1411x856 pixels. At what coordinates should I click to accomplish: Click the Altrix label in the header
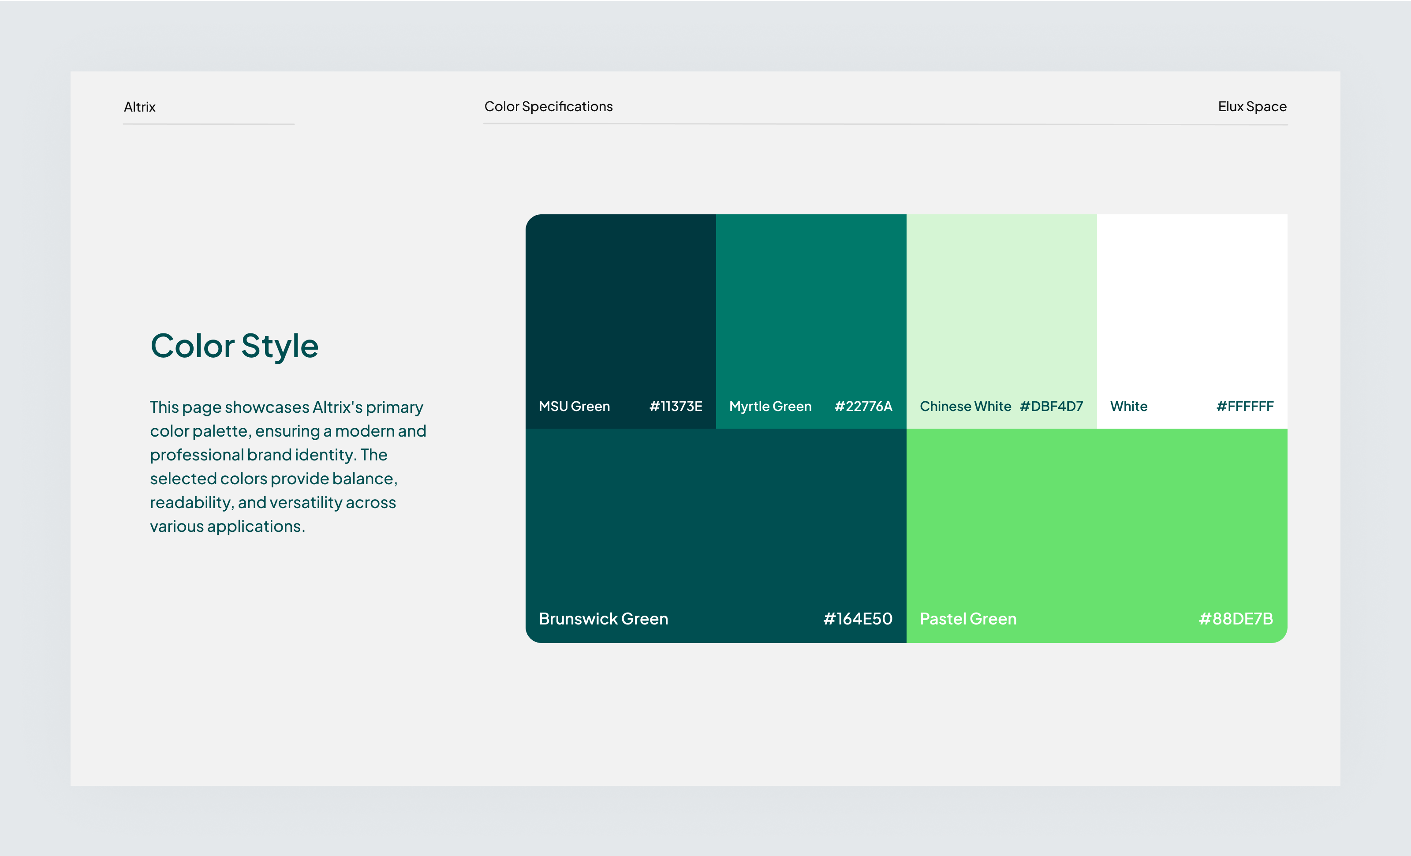pyautogui.click(x=139, y=107)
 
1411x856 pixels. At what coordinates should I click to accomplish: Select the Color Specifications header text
pyautogui.click(x=548, y=106)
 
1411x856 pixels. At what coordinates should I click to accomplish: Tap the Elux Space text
pyautogui.click(x=1252, y=106)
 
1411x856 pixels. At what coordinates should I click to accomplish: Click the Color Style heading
pyautogui.click(x=234, y=346)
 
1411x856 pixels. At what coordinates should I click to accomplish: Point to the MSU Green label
pyautogui.click(x=574, y=407)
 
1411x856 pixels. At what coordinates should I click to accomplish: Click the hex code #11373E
pyautogui.click(x=675, y=407)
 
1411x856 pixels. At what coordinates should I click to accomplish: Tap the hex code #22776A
pyautogui.click(x=863, y=407)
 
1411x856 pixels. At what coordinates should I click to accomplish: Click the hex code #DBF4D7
pyautogui.click(x=1051, y=407)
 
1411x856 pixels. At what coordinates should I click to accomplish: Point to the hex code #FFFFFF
pyautogui.click(x=1244, y=407)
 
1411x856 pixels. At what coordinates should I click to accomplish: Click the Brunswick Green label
pyautogui.click(x=603, y=619)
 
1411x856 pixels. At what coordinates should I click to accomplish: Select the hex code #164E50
pyautogui.click(x=857, y=619)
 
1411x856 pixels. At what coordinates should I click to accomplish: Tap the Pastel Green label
pyautogui.click(x=968, y=619)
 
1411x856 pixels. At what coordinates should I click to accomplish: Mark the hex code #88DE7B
pyautogui.click(x=1236, y=619)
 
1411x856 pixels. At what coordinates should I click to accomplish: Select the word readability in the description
pyautogui.click(x=190, y=503)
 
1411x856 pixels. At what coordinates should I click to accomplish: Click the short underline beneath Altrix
pyautogui.click(x=209, y=123)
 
